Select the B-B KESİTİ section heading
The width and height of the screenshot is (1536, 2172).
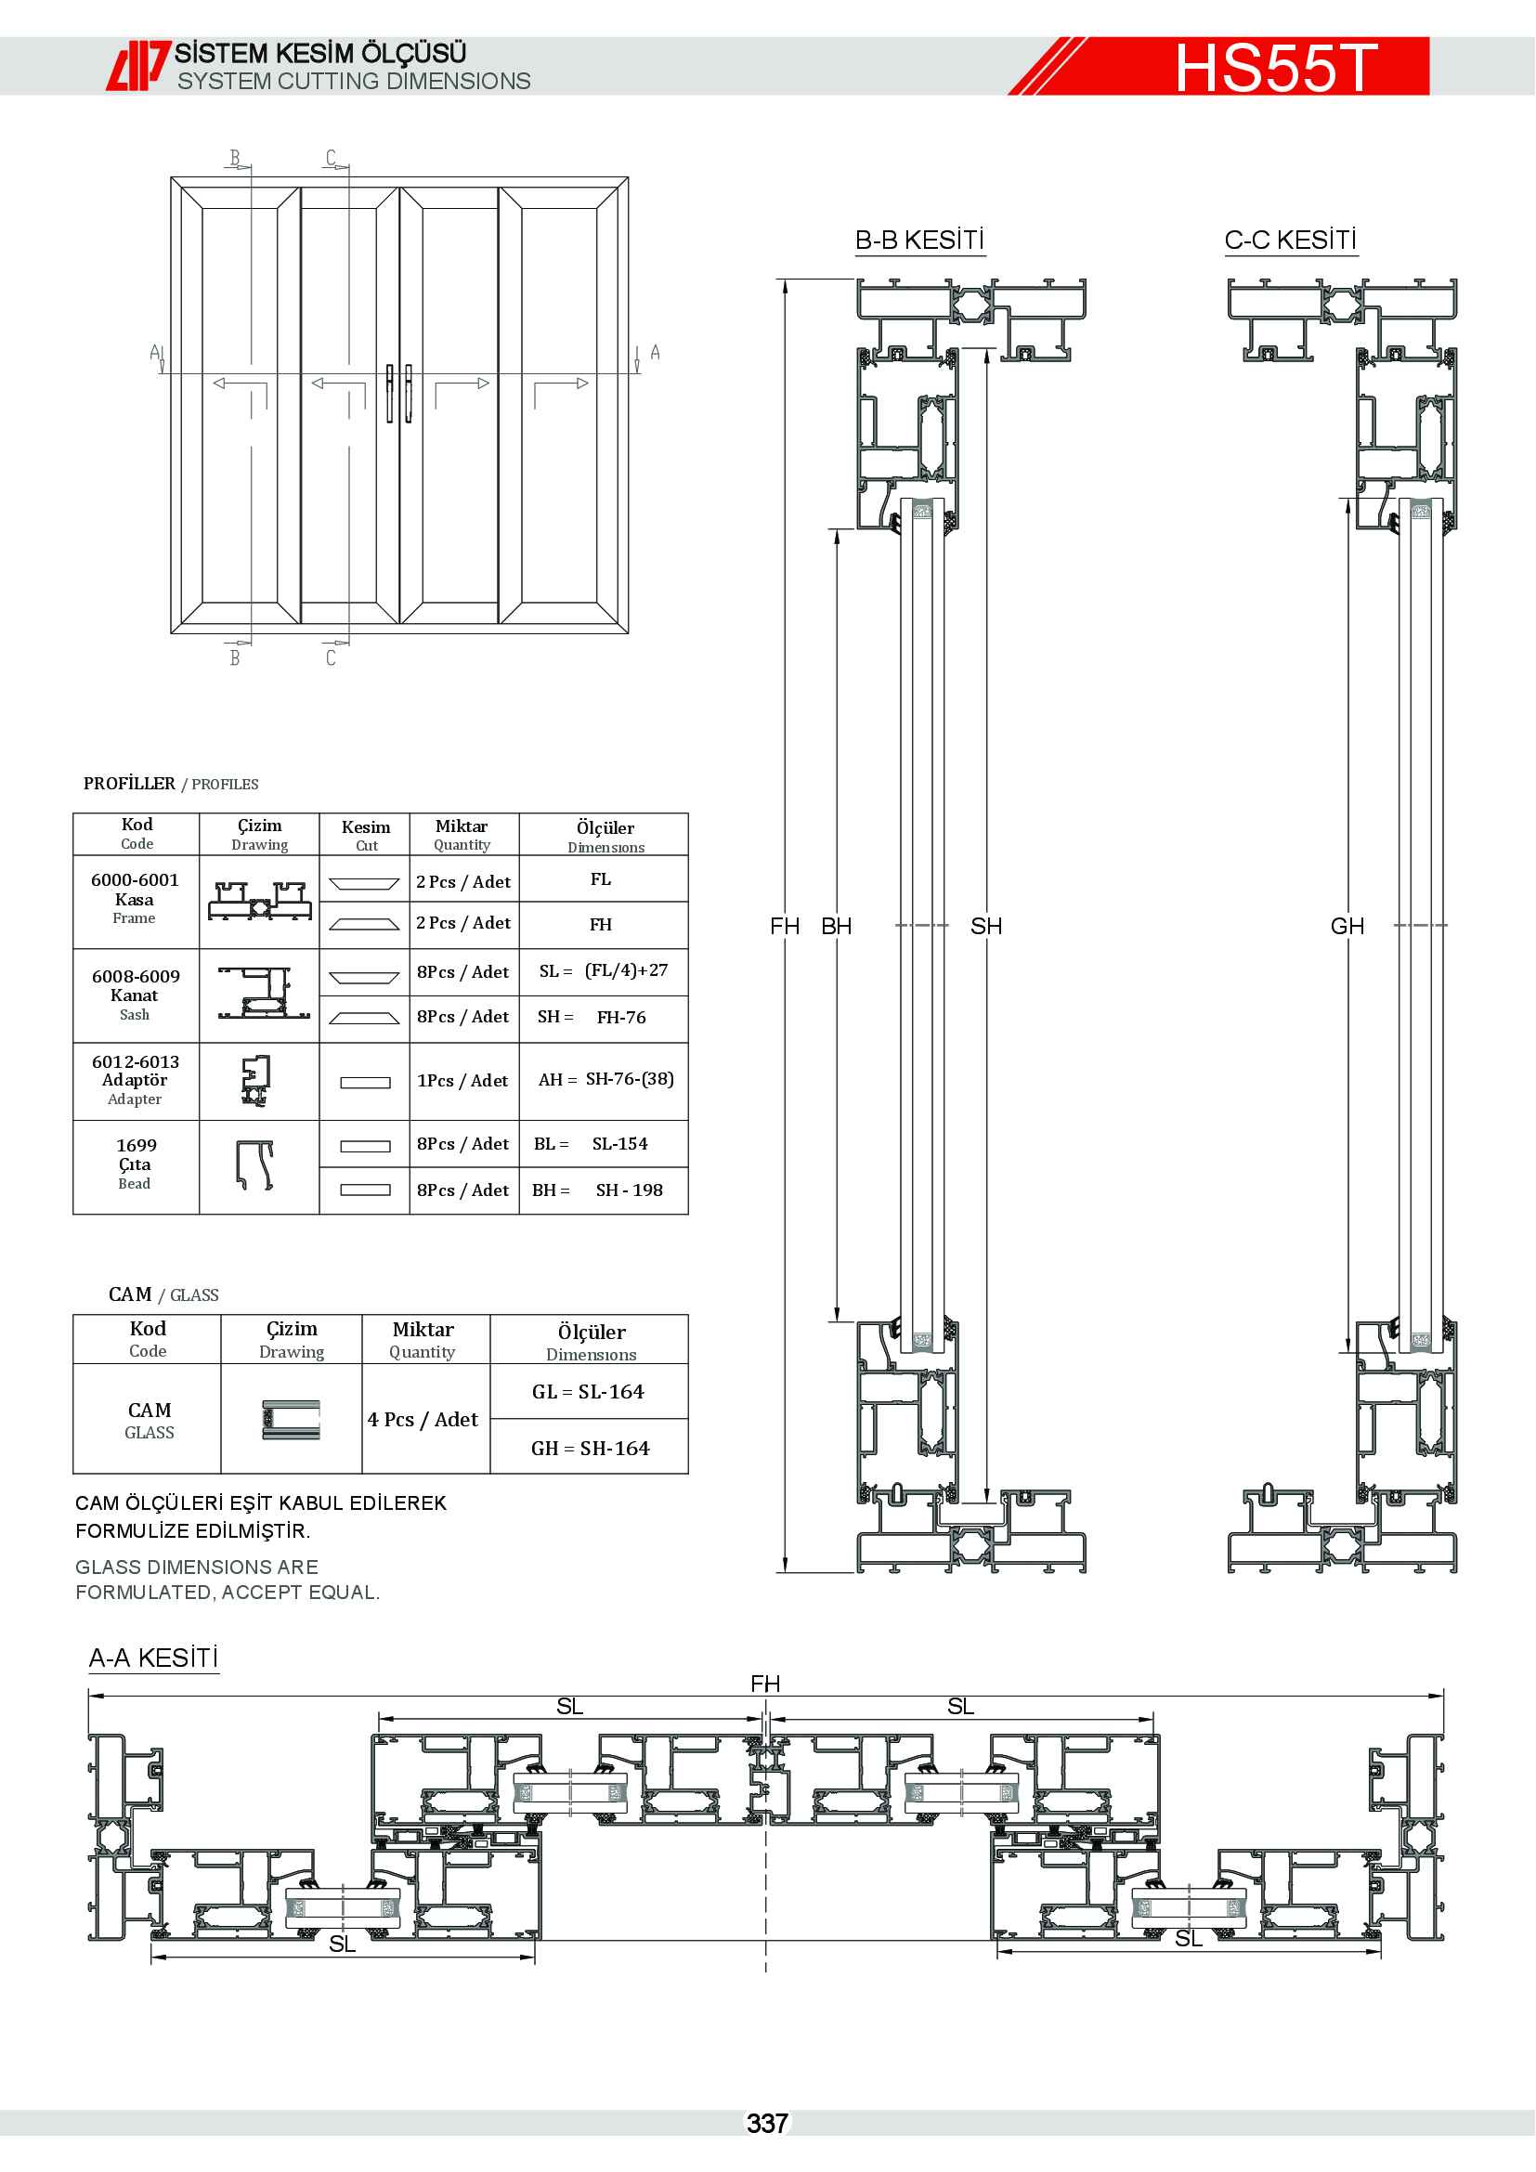point(919,241)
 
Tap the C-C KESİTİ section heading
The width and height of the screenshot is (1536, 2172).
point(1290,241)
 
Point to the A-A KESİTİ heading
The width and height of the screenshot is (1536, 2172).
point(153,1658)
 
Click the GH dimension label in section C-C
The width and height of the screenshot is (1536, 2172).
point(1347,926)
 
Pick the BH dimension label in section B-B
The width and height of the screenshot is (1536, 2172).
point(836,926)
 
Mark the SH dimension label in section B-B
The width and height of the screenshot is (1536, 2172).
point(985,926)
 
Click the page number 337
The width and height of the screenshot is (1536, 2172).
point(767,2124)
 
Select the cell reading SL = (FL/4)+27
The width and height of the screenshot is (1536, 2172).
point(604,971)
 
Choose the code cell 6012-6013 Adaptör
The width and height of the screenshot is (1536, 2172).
point(136,1079)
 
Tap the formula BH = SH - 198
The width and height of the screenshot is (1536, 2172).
point(598,1190)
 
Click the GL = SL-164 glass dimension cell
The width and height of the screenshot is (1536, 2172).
point(588,1392)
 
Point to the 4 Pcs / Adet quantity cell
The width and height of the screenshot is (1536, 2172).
point(423,1419)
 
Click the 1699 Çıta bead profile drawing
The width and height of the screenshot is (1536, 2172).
point(254,1165)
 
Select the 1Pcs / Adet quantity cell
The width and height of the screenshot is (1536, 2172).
point(462,1080)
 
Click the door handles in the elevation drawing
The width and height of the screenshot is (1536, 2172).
point(399,393)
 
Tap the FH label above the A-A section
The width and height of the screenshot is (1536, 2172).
point(765,1684)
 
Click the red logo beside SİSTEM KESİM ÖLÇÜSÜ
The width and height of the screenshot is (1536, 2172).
point(138,65)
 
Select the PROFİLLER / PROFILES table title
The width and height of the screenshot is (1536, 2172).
point(170,784)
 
